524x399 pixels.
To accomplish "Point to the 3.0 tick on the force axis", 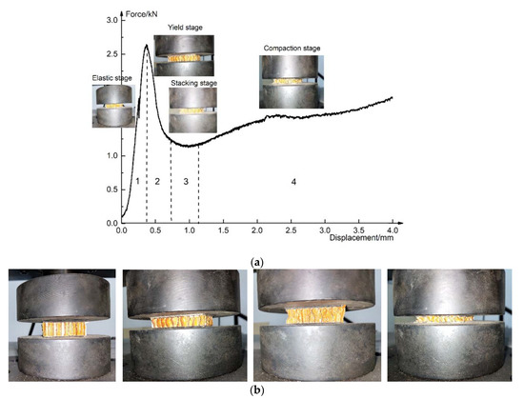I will click(x=111, y=20).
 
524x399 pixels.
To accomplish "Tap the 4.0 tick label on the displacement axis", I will click(x=393, y=230).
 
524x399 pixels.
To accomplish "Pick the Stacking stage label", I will click(x=193, y=83).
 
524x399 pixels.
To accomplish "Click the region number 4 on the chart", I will click(x=293, y=181).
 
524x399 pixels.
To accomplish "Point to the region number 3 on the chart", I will click(x=185, y=181).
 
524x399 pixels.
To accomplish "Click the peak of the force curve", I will click(x=146, y=45).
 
